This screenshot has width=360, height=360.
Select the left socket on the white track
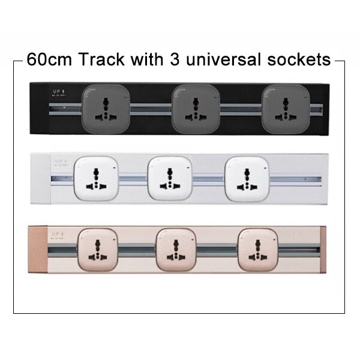pyautogui.click(x=94, y=179)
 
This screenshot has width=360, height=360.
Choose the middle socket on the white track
pyautogui.click(x=170, y=179)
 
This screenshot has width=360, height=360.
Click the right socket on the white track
pyautogui.click(x=245, y=179)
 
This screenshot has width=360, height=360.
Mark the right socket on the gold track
pyautogui.click(x=259, y=249)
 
